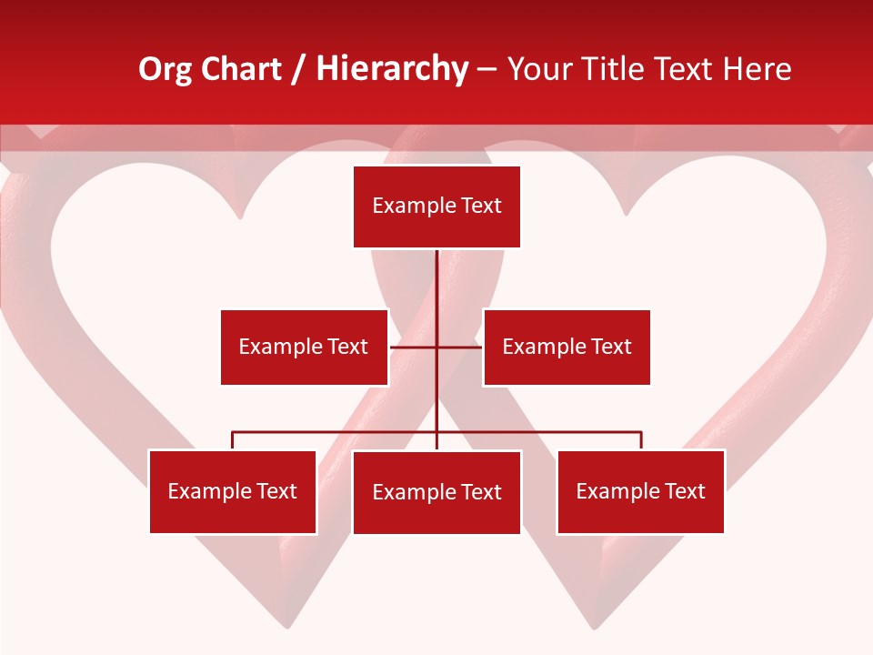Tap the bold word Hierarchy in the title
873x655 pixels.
[392, 70]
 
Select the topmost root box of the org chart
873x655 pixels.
[436, 207]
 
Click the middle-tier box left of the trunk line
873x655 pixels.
[304, 347]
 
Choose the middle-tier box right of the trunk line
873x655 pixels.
[567, 347]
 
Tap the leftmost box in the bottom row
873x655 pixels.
[233, 492]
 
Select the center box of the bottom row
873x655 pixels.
[436, 492]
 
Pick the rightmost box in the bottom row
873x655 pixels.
[640, 492]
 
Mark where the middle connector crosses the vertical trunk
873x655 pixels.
[436, 347]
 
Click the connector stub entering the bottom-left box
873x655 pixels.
[233, 441]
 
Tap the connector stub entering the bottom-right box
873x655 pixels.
[641, 441]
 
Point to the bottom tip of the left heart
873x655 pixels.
[287, 627]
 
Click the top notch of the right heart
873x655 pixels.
[627, 215]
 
